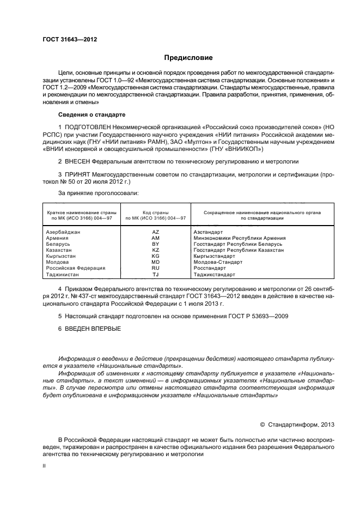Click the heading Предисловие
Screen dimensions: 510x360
[188, 58]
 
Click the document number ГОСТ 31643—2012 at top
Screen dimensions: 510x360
[70, 40]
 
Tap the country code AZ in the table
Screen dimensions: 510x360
[155, 232]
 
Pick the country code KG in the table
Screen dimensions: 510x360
[155, 256]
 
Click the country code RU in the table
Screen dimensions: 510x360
[155, 268]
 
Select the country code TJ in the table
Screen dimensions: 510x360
[155, 274]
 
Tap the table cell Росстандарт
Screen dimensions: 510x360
[210, 268]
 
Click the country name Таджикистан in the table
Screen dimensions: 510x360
[63, 274]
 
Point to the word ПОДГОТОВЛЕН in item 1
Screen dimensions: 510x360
[89, 127]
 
